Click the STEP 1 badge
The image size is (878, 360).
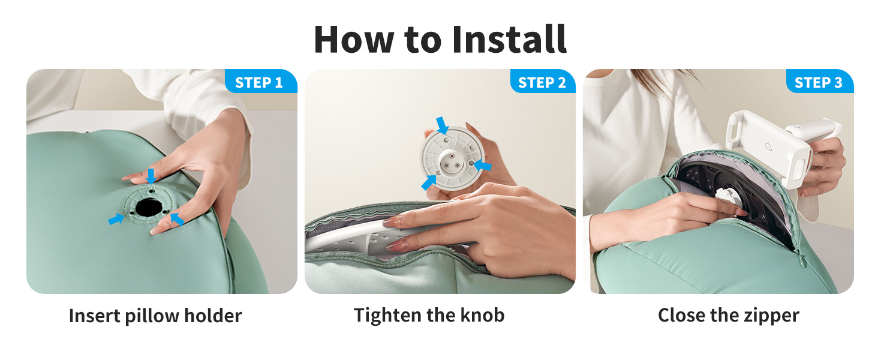(261, 82)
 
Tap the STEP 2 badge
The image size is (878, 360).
(543, 82)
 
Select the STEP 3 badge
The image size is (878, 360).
(820, 82)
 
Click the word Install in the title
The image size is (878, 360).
(509, 39)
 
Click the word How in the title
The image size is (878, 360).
(354, 39)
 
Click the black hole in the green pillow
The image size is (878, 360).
(148, 207)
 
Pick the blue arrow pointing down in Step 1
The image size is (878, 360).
(151, 176)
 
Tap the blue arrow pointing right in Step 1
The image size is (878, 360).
(116, 219)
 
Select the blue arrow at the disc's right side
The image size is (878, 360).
(483, 166)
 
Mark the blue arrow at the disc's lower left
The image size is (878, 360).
(429, 182)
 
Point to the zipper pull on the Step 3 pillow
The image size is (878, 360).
(802, 261)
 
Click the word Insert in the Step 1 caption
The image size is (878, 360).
(94, 316)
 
